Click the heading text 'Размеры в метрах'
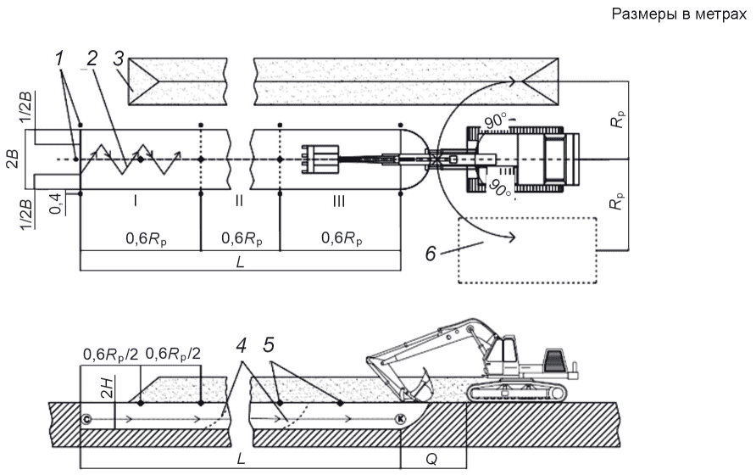[x=678, y=14]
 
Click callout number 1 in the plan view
[x=59, y=59]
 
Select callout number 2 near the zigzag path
[x=91, y=58]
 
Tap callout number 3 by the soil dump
[x=120, y=59]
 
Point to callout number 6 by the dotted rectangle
[x=431, y=253]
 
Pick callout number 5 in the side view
[x=269, y=344]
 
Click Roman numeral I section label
[x=136, y=201]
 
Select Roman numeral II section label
[x=239, y=201]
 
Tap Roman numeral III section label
[x=339, y=201]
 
